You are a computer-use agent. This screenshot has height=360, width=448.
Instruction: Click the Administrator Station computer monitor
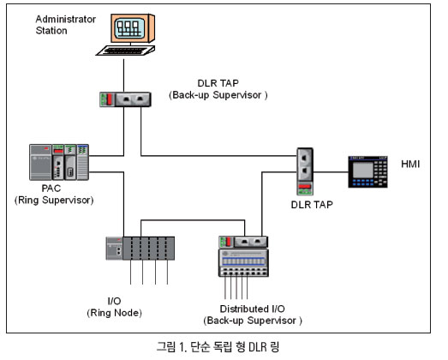pos(133,28)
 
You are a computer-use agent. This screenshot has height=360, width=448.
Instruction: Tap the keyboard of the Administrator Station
pos(126,51)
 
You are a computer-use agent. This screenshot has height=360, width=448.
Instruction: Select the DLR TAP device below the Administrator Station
pos(125,99)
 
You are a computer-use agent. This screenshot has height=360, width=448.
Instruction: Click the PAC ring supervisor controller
pos(59,162)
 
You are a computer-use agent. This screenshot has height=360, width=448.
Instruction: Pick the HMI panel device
pos(367,171)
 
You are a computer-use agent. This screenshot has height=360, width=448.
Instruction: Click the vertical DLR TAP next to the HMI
pos(305,171)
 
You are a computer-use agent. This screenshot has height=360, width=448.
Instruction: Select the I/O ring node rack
pos(140,249)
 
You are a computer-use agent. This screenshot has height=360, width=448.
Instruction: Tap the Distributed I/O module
pos(243,256)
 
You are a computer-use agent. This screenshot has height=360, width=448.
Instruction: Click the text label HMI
pos(410,164)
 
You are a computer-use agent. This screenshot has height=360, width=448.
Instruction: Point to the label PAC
pos(51,189)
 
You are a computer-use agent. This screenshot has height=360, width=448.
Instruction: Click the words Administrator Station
pos(65,25)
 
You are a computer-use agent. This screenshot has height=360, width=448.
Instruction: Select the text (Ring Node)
pos(114,313)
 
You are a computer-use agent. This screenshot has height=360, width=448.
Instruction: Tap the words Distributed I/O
pos(253,309)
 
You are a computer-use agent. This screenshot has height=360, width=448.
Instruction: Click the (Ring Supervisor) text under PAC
pos(54,201)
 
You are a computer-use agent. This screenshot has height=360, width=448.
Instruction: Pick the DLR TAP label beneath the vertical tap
pos(312,205)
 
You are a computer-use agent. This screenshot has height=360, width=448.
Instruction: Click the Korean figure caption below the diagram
pos(218,347)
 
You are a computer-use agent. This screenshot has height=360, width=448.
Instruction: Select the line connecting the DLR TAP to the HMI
pos(331,172)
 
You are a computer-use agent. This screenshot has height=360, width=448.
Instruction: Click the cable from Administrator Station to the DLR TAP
pos(123,75)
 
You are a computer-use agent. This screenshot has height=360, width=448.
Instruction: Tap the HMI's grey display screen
pos(363,170)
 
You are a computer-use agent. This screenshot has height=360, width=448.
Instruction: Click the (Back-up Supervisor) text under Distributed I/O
pos(253,321)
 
